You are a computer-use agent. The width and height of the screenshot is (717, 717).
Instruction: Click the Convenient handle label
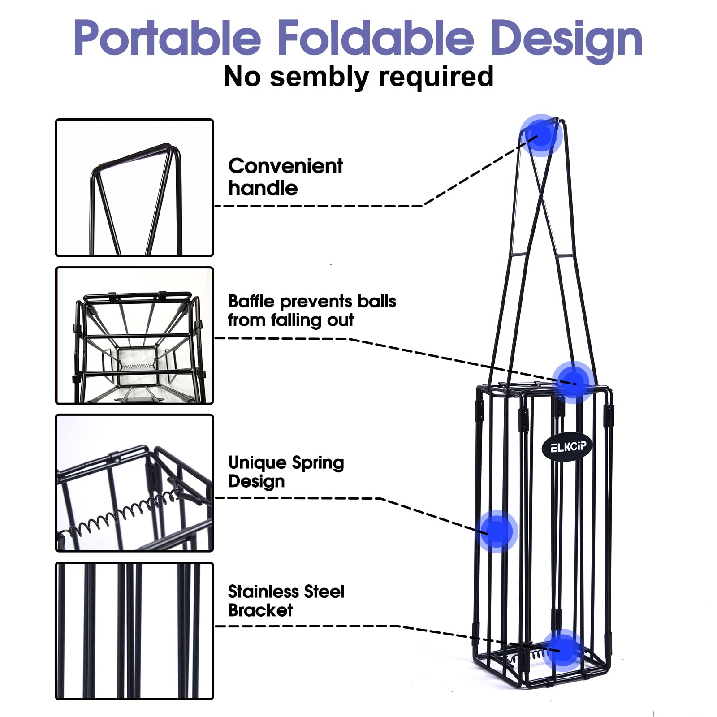click(x=285, y=177)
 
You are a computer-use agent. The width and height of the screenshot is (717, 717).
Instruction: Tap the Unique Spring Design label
click(x=286, y=471)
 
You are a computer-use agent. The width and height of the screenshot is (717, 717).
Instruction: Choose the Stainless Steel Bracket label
click(x=286, y=600)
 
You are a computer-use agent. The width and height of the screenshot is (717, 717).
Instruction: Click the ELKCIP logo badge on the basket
click(x=567, y=447)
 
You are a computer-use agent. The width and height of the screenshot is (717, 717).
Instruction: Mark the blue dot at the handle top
click(x=541, y=135)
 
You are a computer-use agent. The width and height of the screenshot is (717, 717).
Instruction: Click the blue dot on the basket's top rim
click(x=574, y=382)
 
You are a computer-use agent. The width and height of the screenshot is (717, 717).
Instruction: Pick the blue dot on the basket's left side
click(x=497, y=531)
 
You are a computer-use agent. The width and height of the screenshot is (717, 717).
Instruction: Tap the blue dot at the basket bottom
click(x=564, y=650)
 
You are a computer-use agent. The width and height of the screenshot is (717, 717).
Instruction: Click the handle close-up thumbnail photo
click(x=134, y=188)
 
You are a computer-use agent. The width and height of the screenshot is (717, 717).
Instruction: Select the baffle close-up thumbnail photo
click(x=134, y=336)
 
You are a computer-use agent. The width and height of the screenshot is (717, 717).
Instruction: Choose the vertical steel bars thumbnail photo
click(x=134, y=631)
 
